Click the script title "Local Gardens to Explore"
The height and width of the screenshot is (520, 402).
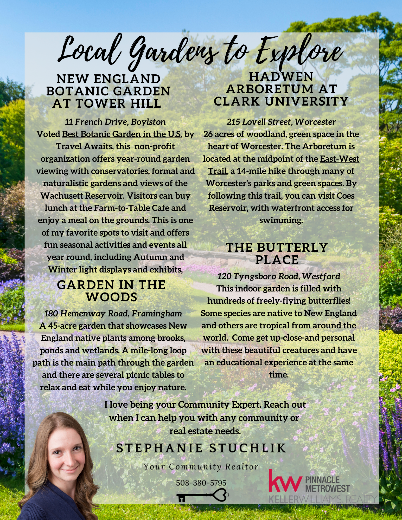[x=200, y=52]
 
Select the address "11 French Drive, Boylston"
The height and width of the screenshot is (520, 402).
[x=115, y=122]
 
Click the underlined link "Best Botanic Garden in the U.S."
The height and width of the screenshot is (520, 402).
[x=122, y=134]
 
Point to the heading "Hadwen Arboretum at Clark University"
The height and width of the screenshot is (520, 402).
[x=281, y=89]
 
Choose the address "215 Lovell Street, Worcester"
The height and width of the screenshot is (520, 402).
[x=281, y=122]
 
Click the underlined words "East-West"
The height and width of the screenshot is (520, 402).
[x=340, y=159]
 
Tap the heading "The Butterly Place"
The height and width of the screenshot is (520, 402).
[x=277, y=253]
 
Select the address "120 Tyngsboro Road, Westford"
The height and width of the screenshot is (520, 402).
[x=279, y=276]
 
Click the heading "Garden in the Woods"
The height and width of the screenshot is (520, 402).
[x=111, y=291]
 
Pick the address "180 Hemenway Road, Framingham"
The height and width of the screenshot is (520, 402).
[x=113, y=314]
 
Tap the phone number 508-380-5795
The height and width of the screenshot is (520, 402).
[x=201, y=483]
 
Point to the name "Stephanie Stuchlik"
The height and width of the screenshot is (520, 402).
[x=201, y=448]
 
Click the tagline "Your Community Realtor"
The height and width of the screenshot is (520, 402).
[x=201, y=467]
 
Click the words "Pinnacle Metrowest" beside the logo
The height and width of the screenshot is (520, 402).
[x=327, y=484]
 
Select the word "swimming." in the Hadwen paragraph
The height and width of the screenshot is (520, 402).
[x=281, y=220]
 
